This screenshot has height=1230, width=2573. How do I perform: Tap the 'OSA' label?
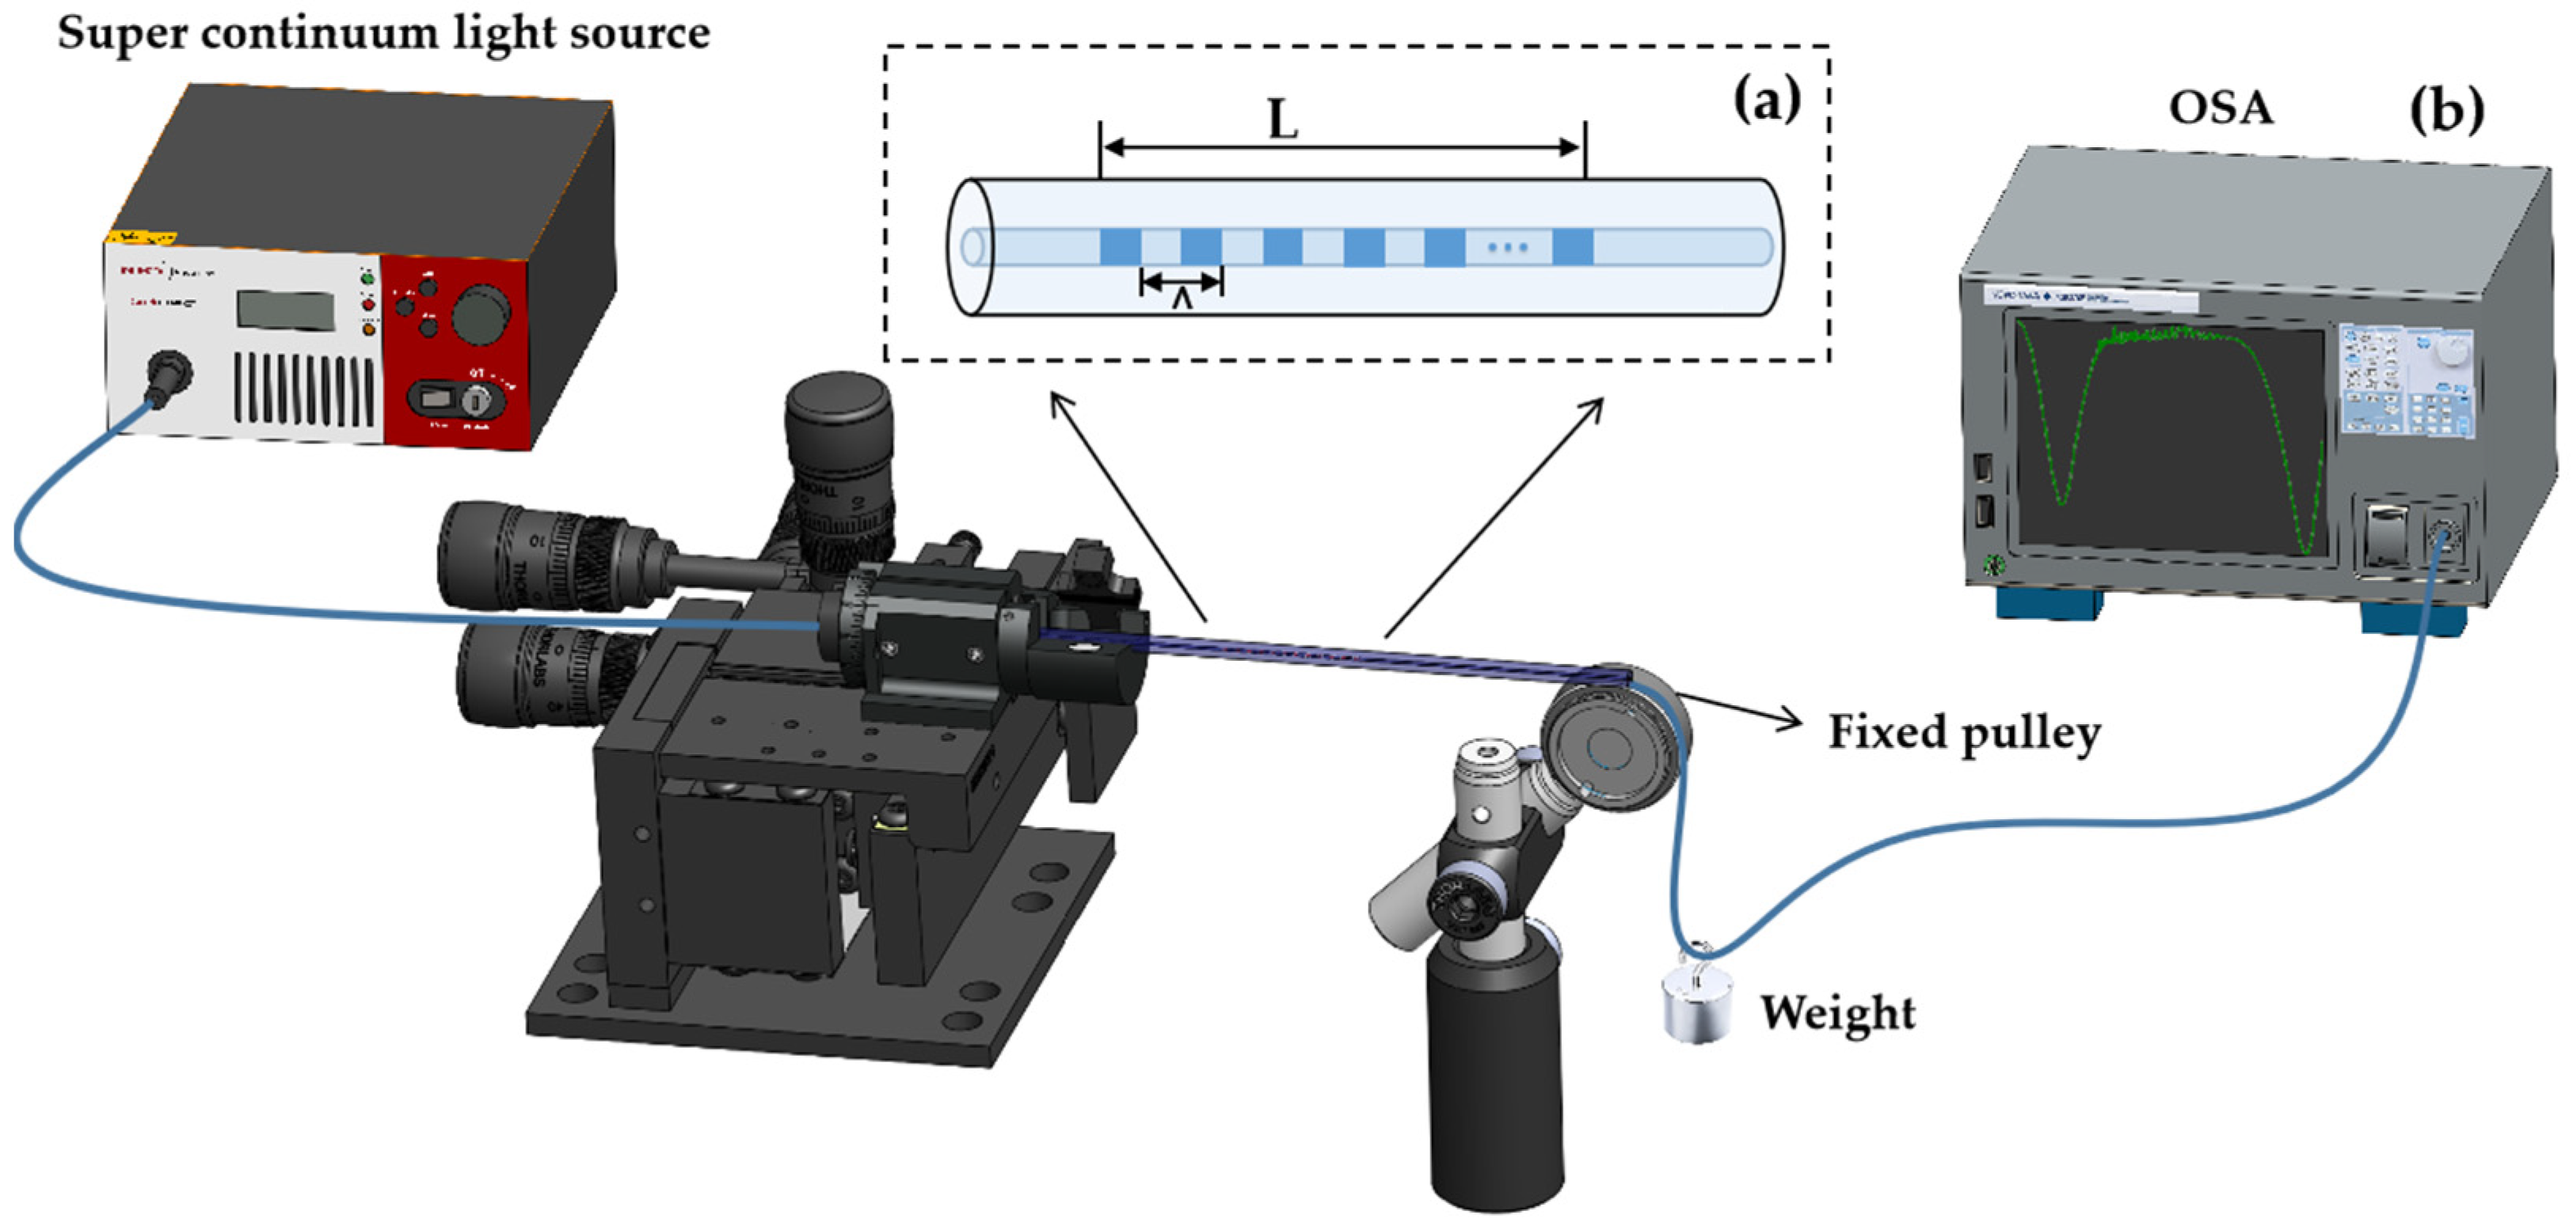pos(2221,108)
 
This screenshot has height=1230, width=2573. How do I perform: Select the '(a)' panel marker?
pos(1766,100)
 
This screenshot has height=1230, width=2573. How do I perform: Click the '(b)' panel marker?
pos(2446,110)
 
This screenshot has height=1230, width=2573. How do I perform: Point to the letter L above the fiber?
pos(1282,122)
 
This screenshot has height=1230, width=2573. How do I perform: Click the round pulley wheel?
pos(1610,737)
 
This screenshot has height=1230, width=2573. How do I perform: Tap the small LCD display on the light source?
pos(284,309)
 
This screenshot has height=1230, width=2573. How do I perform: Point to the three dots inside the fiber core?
pos(1507,248)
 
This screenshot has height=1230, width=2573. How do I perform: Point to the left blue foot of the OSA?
pos(2049,603)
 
